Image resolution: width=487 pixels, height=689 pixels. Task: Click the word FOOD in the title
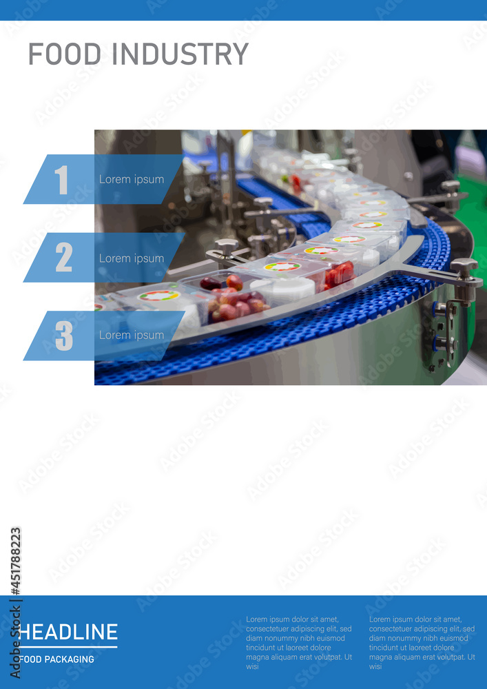65,54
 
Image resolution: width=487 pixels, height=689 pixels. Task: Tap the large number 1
62,180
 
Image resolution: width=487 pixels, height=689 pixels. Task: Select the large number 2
63,258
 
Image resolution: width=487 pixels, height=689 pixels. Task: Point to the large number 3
63,336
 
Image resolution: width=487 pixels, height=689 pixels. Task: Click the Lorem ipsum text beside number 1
132,180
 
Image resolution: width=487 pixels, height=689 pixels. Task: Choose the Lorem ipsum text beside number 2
132,258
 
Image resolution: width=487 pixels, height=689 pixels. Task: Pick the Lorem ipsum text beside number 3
132,336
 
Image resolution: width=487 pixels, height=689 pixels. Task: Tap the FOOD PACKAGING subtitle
57,659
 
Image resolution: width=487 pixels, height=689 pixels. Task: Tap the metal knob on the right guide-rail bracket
464,266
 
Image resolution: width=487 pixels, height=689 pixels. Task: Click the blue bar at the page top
243,10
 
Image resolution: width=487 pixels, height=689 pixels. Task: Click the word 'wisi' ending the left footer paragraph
252,666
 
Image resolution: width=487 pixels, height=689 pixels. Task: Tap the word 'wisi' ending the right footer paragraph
375,666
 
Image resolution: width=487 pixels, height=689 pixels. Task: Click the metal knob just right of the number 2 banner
226,246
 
